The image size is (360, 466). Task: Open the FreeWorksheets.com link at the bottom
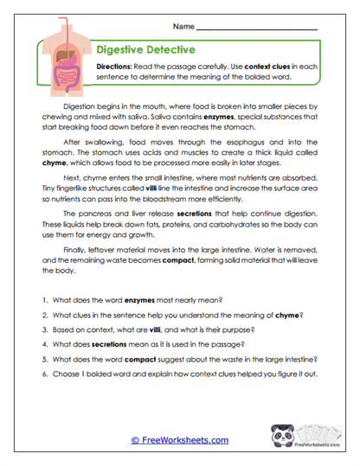[179, 440]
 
